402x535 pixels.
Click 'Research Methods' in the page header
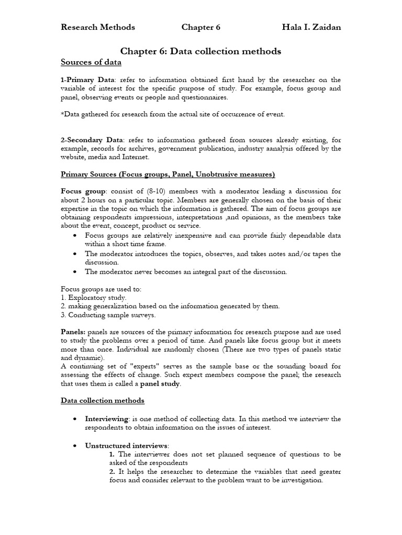point(98,27)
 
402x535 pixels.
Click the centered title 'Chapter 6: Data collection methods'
point(201,51)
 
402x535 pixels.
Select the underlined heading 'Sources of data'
point(91,63)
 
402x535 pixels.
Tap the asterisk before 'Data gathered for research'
point(63,114)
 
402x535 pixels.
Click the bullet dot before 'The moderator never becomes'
point(76,272)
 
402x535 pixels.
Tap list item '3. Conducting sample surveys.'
point(108,315)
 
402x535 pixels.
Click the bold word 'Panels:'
point(74,332)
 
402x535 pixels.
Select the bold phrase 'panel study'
point(159,383)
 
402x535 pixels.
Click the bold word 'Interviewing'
point(107,418)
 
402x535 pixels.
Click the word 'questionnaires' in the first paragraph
point(200,97)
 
